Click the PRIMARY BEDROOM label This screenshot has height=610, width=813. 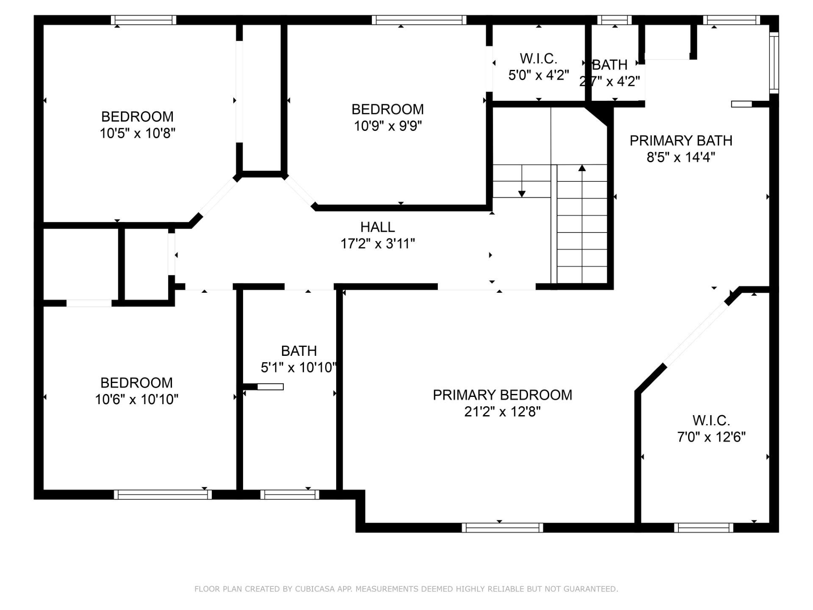pyautogui.click(x=502, y=395)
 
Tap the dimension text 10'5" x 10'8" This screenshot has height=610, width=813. pyautogui.click(x=137, y=133)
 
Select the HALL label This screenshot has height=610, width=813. pyautogui.click(x=378, y=227)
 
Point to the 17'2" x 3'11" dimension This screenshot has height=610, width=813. pyautogui.click(x=378, y=244)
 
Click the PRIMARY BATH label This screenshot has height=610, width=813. pyautogui.click(x=681, y=141)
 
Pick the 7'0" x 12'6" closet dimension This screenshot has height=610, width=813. pyautogui.click(x=711, y=437)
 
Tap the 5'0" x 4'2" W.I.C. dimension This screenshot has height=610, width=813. pyautogui.click(x=539, y=75)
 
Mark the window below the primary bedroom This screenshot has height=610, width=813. pyautogui.click(x=502, y=527)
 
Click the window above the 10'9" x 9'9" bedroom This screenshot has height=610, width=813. pyautogui.click(x=419, y=20)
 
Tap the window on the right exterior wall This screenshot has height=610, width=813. pyautogui.click(x=774, y=63)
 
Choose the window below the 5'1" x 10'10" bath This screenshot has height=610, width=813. pyautogui.click(x=290, y=494)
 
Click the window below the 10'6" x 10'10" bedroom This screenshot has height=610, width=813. pyautogui.click(x=163, y=494)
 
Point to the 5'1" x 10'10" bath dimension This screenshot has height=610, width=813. pyautogui.click(x=299, y=367)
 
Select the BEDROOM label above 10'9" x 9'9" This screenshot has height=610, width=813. pyautogui.click(x=387, y=109)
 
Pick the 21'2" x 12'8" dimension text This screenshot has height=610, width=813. pyautogui.click(x=502, y=411)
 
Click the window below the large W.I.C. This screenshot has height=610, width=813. pyautogui.click(x=704, y=527)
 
